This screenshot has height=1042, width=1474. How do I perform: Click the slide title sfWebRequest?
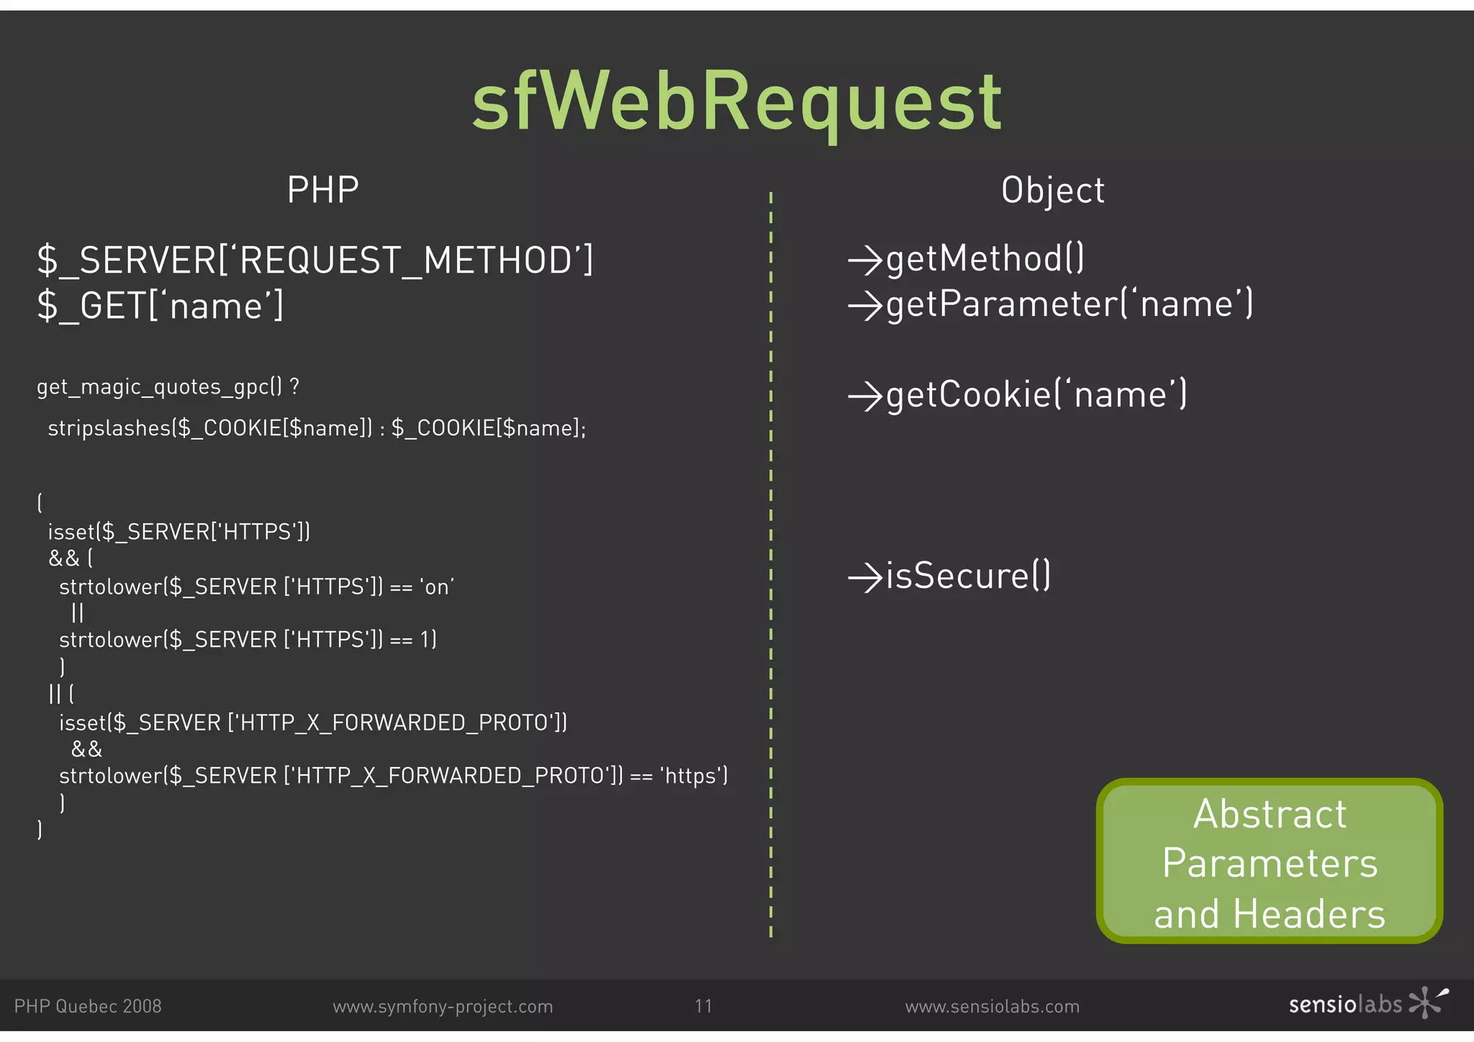pos(736,103)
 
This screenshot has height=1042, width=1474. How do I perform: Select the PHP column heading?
pos(322,191)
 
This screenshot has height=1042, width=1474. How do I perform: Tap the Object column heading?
pos(1052,191)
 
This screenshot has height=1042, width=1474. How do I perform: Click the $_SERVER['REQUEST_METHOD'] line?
pos(315,260)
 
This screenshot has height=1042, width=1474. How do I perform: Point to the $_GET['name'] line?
pos(160,306)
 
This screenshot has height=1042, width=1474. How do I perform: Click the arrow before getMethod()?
pos(864,260)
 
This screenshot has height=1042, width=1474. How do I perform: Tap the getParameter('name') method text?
pos(1070,304)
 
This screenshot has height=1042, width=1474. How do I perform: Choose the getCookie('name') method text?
pos(1036,395)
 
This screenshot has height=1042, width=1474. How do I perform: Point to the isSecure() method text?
pos(968,576)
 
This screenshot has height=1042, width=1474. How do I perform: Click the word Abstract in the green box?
pos(1270,815)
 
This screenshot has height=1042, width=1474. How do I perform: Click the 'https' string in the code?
pos(691,776)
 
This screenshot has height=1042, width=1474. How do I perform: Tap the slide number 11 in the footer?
pos(703,1006)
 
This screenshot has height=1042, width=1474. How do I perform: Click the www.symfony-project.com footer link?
pos(443,1007)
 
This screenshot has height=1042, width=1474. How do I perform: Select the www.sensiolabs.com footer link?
pos(992,1007)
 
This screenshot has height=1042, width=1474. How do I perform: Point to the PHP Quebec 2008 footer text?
pos(88,1007)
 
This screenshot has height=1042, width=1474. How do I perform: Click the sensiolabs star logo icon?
pos(1427,1002)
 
